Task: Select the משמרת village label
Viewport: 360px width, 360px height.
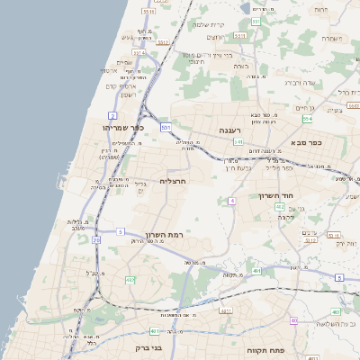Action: tap(333, 39)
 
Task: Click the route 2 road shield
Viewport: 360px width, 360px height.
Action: tap(112, 116)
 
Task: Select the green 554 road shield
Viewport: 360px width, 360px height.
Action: tap(307, 119)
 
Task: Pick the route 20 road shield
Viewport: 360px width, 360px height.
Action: tap(96, 241)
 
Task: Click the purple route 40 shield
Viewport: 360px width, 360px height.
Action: tap(293, 320)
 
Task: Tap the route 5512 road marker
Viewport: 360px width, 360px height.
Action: tap(149, 12)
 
